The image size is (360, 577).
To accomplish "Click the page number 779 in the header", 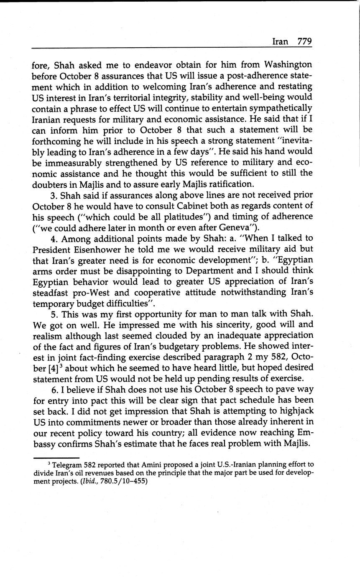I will [x=304, y=41].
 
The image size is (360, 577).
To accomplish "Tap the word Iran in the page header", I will [x=280, y=41].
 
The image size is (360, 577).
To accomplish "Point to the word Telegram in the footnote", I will [x=67, y=465].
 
